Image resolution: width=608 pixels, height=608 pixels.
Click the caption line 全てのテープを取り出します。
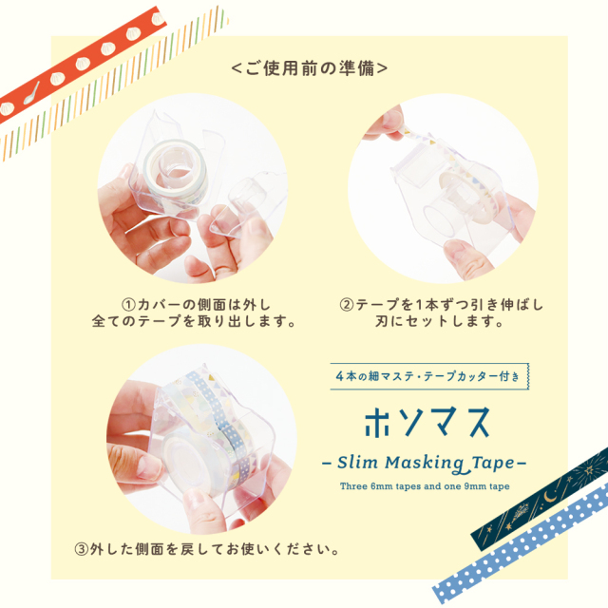(209, 322)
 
